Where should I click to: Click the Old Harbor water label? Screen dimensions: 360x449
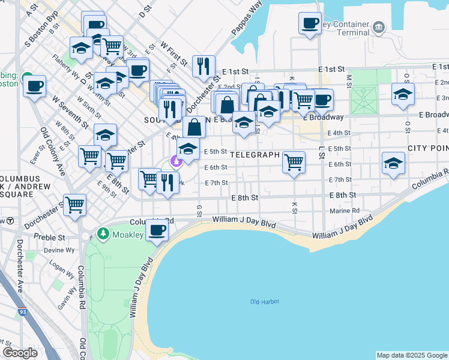click(x=265, y=301)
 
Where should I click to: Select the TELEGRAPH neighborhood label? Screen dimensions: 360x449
click(x=255, y=155)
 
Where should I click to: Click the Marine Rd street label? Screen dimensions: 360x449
click(x=345, y=211)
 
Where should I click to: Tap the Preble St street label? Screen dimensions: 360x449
click(x=49, y=237)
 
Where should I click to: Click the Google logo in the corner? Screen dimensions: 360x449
click(x=20, y=353)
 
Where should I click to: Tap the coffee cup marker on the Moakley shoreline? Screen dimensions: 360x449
click(x=157, y=230)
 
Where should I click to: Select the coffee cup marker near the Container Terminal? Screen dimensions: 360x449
click(x=310, y=23)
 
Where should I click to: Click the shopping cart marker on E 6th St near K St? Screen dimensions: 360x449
click(x=294, y=161)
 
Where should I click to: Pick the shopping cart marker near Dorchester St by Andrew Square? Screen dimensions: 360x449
click(x=75, y=205)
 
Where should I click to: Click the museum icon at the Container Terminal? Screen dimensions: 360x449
click(x=378, y=26)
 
